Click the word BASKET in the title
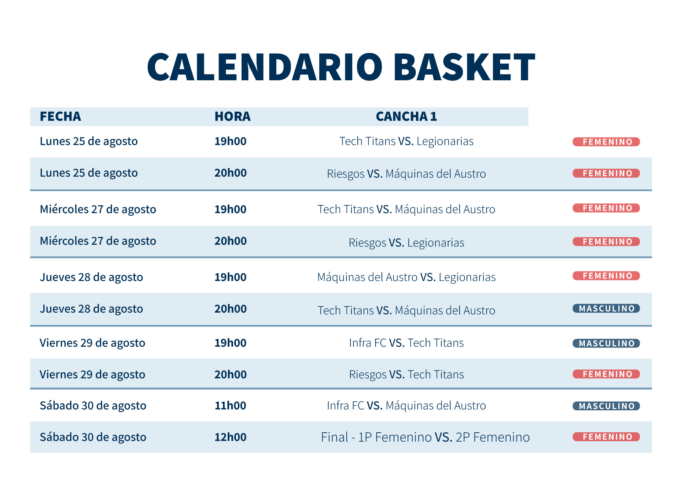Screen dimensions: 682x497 coord(464,67)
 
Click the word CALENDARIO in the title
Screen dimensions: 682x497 coord(265,67)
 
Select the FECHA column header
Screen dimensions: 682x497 coord(60,117)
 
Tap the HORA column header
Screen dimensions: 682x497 coord(233,117)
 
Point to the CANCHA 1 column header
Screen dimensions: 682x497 coord(406,117)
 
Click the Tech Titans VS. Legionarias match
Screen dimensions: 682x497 coord(406,141)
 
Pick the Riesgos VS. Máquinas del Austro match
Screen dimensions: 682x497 coord(406,174)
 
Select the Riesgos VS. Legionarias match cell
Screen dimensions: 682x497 coord(406,243)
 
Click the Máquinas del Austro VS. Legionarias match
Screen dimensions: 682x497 coord(406,277)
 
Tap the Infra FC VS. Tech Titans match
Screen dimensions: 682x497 coord(406,343)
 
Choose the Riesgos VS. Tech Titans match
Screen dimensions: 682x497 coord(406,374)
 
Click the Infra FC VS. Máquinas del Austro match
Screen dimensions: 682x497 coord(406,405)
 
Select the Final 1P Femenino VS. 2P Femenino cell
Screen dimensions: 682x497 coord(425,437)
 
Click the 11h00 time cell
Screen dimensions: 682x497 coord(231,406)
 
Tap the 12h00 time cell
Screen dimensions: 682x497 coord(231,437)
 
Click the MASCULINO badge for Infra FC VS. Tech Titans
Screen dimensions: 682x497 coord(606,343)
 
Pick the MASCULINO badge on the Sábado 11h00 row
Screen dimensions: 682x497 coord(606,406)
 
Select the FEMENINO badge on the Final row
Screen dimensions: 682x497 coord(606,437)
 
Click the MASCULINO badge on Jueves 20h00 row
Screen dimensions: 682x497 coord(606,308)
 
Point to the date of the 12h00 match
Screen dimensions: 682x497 coord(93,437)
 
